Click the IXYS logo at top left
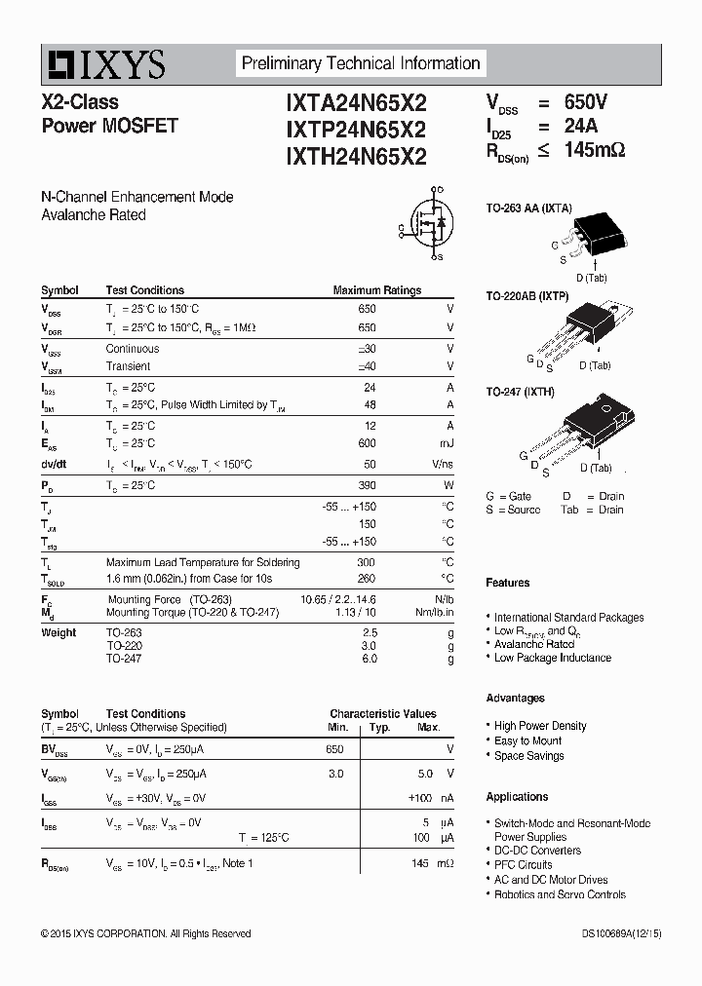(103, 64)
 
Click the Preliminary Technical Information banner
(361, 63)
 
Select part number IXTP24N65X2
(356, 129)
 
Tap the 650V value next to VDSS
(586, 102)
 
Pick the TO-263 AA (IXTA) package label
(529, 208)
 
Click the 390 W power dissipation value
(367, 485)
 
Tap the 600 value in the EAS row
(367, 443)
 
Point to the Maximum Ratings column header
(376, 290)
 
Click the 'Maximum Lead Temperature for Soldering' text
(203, 562)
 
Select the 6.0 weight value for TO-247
(370, 660)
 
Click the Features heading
(508, 583)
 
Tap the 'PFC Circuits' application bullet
(523, 864)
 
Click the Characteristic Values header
(382, 713)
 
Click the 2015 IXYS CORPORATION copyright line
(146, 933)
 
